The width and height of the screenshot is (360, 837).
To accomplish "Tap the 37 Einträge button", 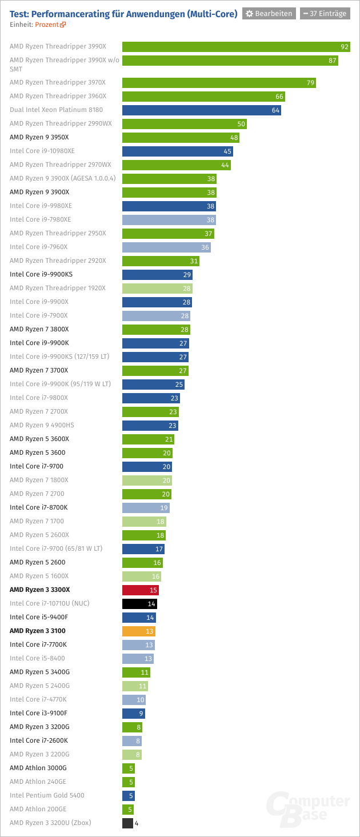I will (x=325, y=14).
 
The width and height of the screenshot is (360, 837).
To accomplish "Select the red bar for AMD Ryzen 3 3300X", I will (x=141, y=590).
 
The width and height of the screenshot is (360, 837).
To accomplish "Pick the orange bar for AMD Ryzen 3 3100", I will (x=139, y=631).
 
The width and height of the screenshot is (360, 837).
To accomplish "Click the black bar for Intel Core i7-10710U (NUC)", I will (x=139, y=603).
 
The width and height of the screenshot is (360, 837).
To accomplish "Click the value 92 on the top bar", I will (x=344, y=47).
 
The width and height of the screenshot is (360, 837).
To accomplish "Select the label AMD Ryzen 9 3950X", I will (x=39, y=137).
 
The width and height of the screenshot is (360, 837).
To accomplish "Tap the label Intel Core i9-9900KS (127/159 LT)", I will (x=59, y=357).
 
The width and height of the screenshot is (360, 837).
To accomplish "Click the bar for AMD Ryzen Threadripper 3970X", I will (x=219, y=83).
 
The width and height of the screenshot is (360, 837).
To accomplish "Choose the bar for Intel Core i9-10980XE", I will (x=177, y=151).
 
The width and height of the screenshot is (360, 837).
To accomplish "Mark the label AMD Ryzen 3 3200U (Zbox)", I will (x=50, y=823).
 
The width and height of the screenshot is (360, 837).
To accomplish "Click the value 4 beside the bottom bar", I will (x=137, y=823).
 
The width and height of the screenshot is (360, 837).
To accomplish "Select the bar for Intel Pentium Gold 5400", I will (x=128, y=795).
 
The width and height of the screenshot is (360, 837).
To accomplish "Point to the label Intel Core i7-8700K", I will (x=38, y=507).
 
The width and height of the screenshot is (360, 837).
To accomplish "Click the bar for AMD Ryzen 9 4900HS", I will (x=150, y=425).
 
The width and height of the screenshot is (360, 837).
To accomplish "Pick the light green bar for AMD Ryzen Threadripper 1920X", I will (x=157, y=288).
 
